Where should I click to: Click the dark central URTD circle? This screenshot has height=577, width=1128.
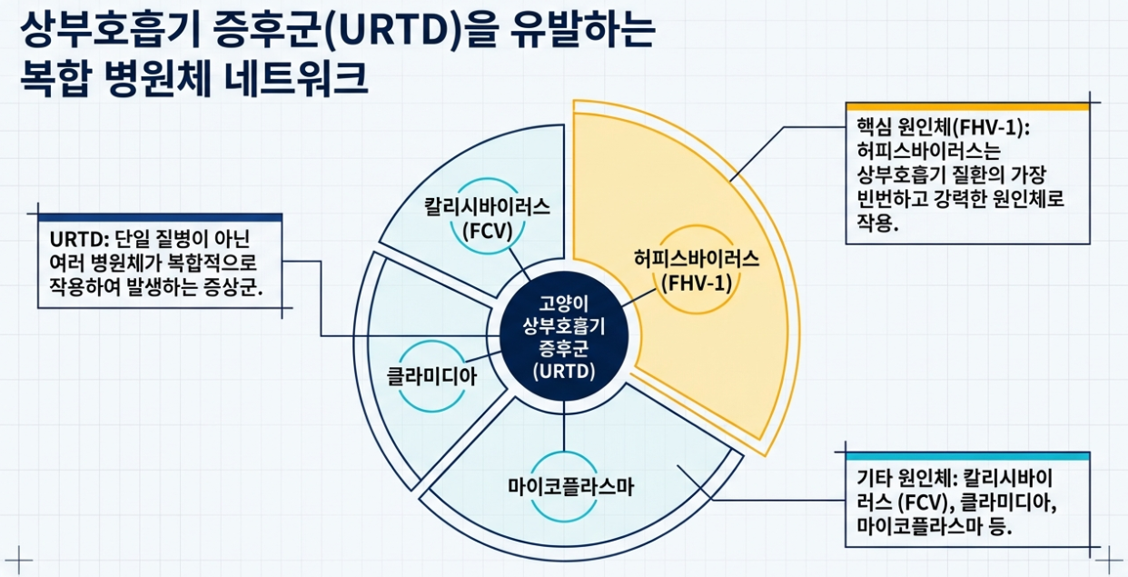564,337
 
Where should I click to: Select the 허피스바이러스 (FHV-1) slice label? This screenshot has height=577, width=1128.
696,269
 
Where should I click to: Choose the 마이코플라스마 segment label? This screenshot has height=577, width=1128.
571,487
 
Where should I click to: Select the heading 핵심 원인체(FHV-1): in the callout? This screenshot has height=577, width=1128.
944,126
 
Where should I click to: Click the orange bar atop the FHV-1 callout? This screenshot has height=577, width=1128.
967,106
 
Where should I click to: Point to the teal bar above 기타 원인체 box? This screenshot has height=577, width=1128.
967,455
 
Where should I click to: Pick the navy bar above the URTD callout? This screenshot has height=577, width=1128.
160,217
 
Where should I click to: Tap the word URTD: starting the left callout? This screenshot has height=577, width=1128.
80,239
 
